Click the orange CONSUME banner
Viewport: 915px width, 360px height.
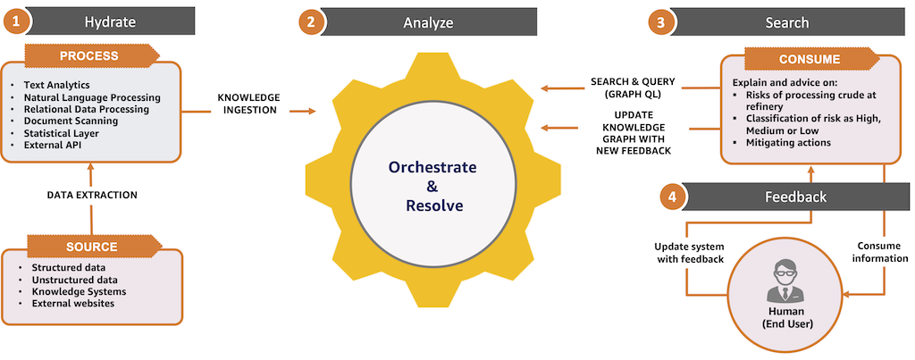(810, 59)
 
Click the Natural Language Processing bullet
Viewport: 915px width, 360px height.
(92, 96)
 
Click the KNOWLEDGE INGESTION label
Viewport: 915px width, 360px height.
(248, 104)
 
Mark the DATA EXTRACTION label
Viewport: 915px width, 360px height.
(92, 196)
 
